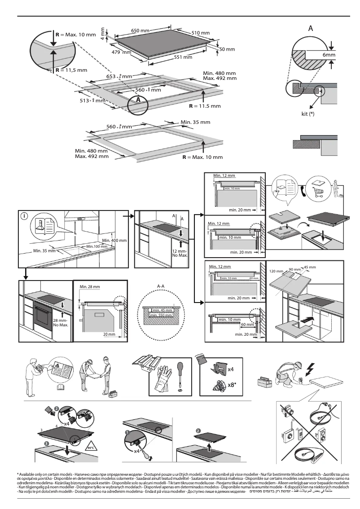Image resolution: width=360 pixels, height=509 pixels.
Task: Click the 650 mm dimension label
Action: click(x=140, y=31)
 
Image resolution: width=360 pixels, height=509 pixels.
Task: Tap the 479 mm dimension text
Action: click(x=121, y=52)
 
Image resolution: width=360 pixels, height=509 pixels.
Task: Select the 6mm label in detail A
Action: click(x=329, y=55)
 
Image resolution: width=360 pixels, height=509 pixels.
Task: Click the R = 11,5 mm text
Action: click(x=71, y=70)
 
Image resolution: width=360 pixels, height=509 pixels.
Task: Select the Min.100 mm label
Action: click(x=96, y=246)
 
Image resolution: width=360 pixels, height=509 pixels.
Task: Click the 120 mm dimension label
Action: click(x=277, y=272)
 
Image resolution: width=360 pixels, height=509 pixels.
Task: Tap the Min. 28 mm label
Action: click(x=89, y=286)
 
